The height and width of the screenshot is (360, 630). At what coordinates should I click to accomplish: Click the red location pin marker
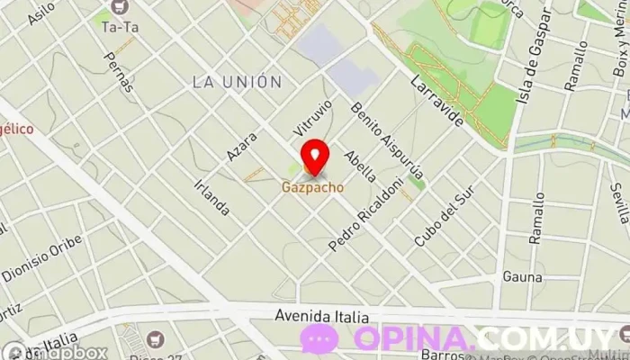point(314,157)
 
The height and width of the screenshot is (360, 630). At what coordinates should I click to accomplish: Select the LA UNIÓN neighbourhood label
point(237,82)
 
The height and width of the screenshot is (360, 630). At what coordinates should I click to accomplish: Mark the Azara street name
point(242,147)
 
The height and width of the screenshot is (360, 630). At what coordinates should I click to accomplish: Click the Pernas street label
point(119,72)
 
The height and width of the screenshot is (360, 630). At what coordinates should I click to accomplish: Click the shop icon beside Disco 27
point(157,339)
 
